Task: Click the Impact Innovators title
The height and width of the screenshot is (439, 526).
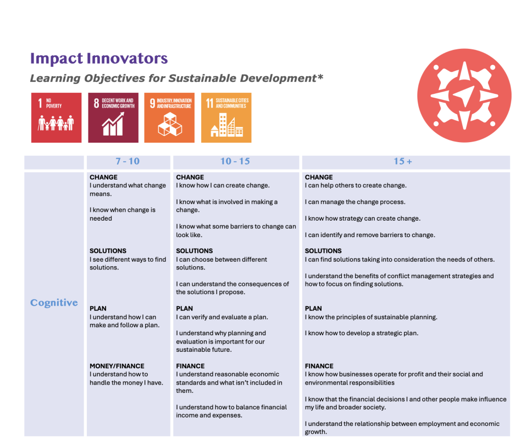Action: [99, 59]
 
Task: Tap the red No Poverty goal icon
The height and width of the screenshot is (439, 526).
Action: [56, 117]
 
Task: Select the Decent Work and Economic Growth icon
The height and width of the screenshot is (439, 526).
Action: [113, 117]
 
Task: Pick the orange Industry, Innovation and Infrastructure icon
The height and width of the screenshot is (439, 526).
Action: [169, 117]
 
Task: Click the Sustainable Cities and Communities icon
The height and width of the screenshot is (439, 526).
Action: [226, 117]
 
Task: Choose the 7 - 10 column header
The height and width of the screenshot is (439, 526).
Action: [128, 161]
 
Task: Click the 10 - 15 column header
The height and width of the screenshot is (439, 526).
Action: [235, 161]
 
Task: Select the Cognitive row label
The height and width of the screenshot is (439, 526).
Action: [54, 303]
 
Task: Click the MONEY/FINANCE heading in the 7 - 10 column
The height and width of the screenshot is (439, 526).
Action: [117, 366]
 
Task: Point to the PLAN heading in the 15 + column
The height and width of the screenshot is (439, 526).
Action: [313, 308]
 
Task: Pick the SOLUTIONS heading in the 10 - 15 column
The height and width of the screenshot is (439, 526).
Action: [194, 251]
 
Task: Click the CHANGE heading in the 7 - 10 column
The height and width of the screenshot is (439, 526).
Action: [103, 177]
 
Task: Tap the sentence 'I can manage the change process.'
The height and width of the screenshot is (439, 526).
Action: [355, 202]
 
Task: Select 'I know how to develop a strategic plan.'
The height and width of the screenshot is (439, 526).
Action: [362, 333]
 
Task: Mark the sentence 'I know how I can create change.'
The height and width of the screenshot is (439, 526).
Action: [223, 185]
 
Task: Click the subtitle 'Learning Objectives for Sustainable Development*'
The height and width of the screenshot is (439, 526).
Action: [176, 78]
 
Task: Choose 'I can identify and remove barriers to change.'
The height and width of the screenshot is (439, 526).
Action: [370, 235]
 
